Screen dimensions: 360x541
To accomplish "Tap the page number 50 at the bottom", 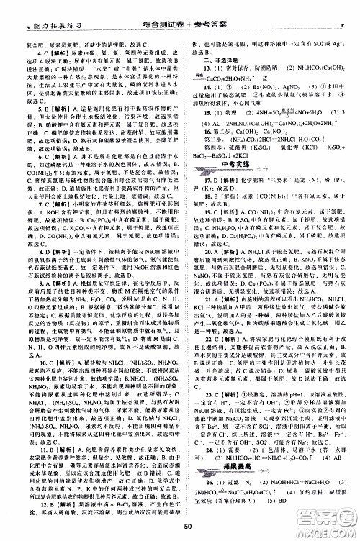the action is click(x=186, y=527).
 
